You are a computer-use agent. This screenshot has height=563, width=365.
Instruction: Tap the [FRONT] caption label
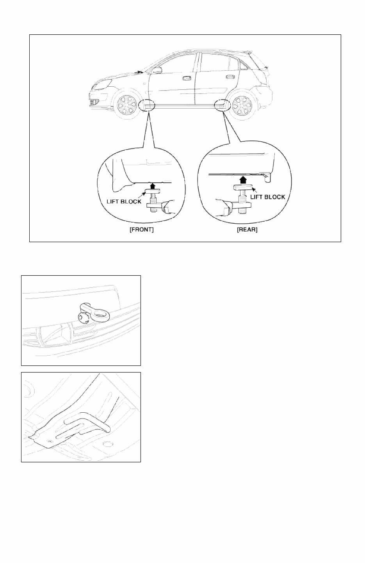point(141,230)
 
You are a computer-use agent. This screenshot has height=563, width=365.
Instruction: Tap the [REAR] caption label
point(247,230)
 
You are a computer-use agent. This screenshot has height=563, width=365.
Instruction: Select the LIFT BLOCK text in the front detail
point(125,201)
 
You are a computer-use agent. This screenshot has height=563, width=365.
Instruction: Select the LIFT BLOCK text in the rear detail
point(268,197)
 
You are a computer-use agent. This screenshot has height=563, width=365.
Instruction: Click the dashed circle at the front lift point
point(147,105)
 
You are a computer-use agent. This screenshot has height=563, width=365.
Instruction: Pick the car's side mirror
point(157,70)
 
